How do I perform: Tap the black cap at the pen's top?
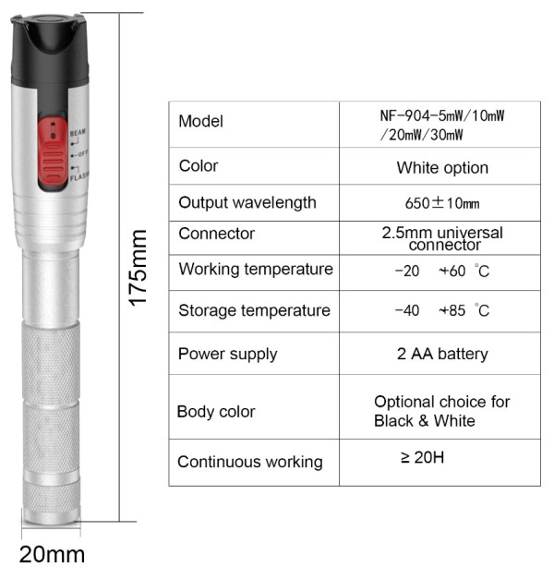pos(50,51)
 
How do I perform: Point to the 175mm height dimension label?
pos(138,268)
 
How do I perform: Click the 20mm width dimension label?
pos(52,554)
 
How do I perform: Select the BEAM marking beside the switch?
pos(78,133)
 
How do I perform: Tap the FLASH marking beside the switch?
pos(79,176)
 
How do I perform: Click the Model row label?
pos(200,121)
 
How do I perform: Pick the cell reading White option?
pos(442,168)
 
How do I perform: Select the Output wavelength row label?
pos(247,202)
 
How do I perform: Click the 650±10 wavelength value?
pos(442,203)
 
